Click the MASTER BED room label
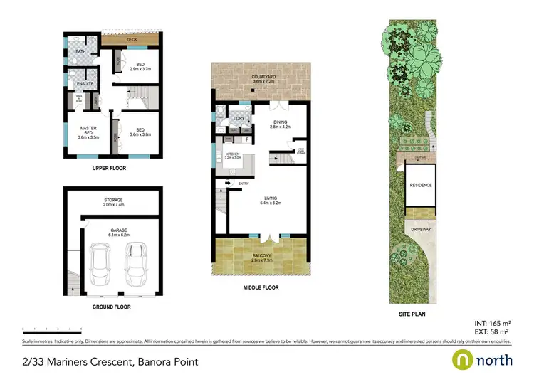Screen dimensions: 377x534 tap(88, 128)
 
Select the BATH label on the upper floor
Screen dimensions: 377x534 tap(82, 51)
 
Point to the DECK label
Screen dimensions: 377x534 tap(132, 40)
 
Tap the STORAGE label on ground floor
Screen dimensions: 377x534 tap(115, 201)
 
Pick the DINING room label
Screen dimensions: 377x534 tap(279, 122)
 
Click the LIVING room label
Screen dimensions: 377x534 tap(270, 198)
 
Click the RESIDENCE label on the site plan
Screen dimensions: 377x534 tap(421, 185)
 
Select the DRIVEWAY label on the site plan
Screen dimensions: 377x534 tap(421, 230)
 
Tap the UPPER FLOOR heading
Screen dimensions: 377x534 tap(110, 169)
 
